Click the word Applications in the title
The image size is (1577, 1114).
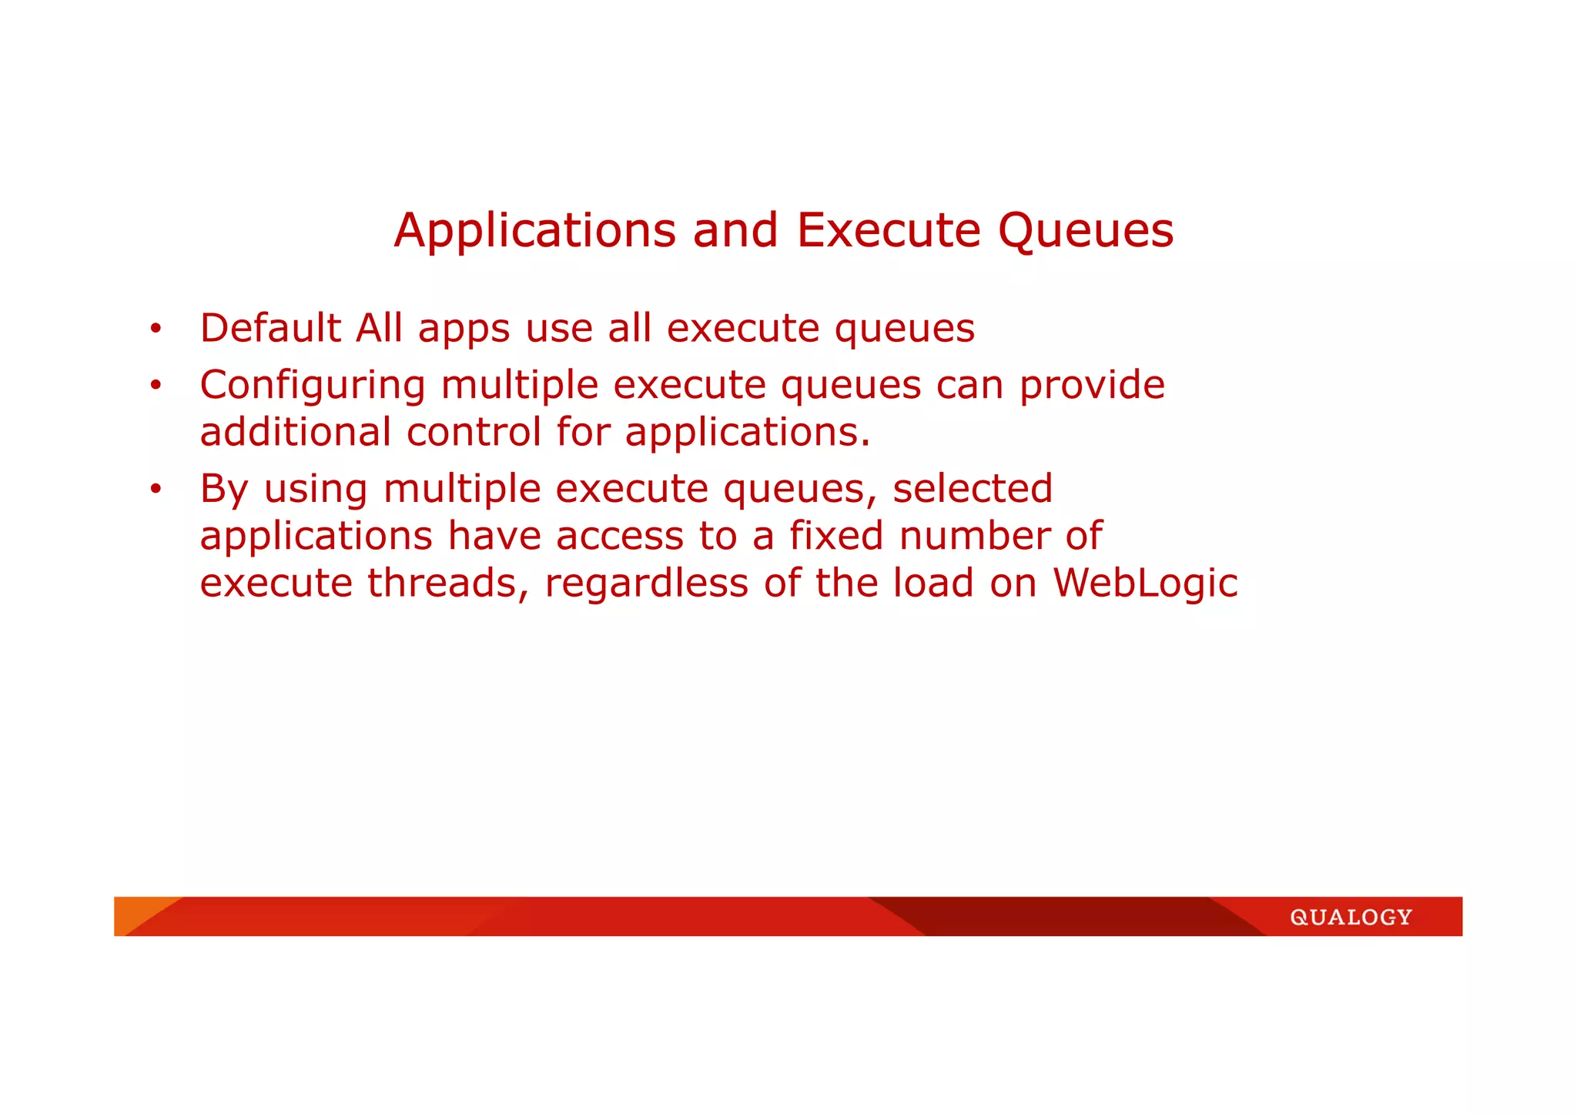pyautogui.click(x=534, y=230)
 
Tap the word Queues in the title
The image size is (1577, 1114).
pyautogui.click(x=1086, y=230)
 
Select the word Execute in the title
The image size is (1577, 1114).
pyautogui.click(x=889, y=230)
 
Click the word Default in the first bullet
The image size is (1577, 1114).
pyautogui.click(x=270, y=328)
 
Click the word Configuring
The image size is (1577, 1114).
pyautogui.click(x=312, y=386)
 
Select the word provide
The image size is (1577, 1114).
pyautogui.click(x=1092, y=386)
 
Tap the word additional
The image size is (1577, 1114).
pyautogui.click(x=295, y=432)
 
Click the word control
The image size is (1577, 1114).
pyautogui.click(x=474, y=432)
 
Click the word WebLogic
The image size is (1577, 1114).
pyautogui.click(x=1145, y=584)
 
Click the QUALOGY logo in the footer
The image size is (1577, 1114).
pyautogui.click(x=1351, y=917)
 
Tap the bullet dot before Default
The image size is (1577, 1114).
pyautogui.click(x=156, y=330)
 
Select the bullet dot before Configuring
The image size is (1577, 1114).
pyautogui.click(x=156, y=386)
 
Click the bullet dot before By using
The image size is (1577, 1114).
pyautogui.click(x=156, y=489)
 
